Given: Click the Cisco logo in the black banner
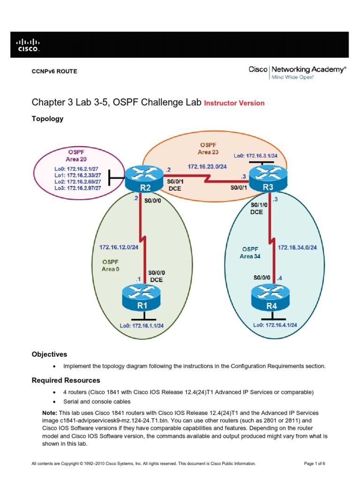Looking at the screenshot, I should (x=29, y=45).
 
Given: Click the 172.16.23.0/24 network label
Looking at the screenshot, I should (x=207, y=166).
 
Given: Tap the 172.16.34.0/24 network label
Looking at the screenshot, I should (x=297, y=247).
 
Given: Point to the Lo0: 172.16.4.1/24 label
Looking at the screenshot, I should (x=275, y=324).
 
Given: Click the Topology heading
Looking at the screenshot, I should (x=47, y=119).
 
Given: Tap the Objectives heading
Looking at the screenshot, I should (x=49, y=354).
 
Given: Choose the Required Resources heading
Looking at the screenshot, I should (x=66, y=380).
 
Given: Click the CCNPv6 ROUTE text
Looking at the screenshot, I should (x=54, y=71).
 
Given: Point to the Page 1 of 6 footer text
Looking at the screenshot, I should (x=315, y=464).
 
